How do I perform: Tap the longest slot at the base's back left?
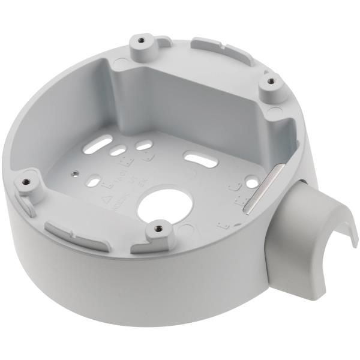(x=100, y=143)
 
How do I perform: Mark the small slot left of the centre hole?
(x=94, y=179)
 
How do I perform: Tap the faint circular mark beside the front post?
(x=186, y=229)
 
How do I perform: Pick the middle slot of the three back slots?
(x=116, y=151)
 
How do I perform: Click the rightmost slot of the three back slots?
(x=144, y=145)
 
